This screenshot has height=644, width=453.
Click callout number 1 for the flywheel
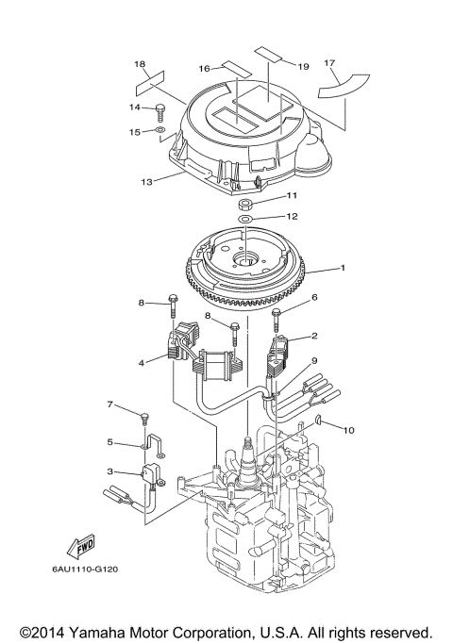pos(342,268)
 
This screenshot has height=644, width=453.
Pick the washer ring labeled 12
pos(244,219)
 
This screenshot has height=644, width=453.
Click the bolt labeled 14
pos(159,112)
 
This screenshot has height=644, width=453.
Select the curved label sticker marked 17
pos(344,86)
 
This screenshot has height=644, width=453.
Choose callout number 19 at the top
pos(304,67)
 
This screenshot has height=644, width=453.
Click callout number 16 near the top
pos(204,68)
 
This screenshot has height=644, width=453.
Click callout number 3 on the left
pos(109,471)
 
